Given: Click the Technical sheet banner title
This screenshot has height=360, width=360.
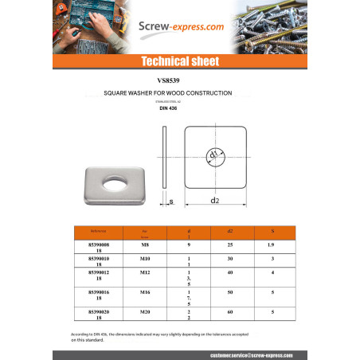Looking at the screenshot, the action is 179,61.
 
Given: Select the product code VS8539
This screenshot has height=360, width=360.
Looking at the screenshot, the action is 179,81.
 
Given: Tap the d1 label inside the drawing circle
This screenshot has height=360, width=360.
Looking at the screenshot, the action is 213,154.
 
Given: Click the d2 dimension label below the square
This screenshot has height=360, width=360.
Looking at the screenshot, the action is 215,201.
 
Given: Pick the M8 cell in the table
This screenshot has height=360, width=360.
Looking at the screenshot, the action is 145,245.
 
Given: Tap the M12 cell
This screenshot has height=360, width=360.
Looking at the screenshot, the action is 145,272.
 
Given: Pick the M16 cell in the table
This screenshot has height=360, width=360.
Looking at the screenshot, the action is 145,292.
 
